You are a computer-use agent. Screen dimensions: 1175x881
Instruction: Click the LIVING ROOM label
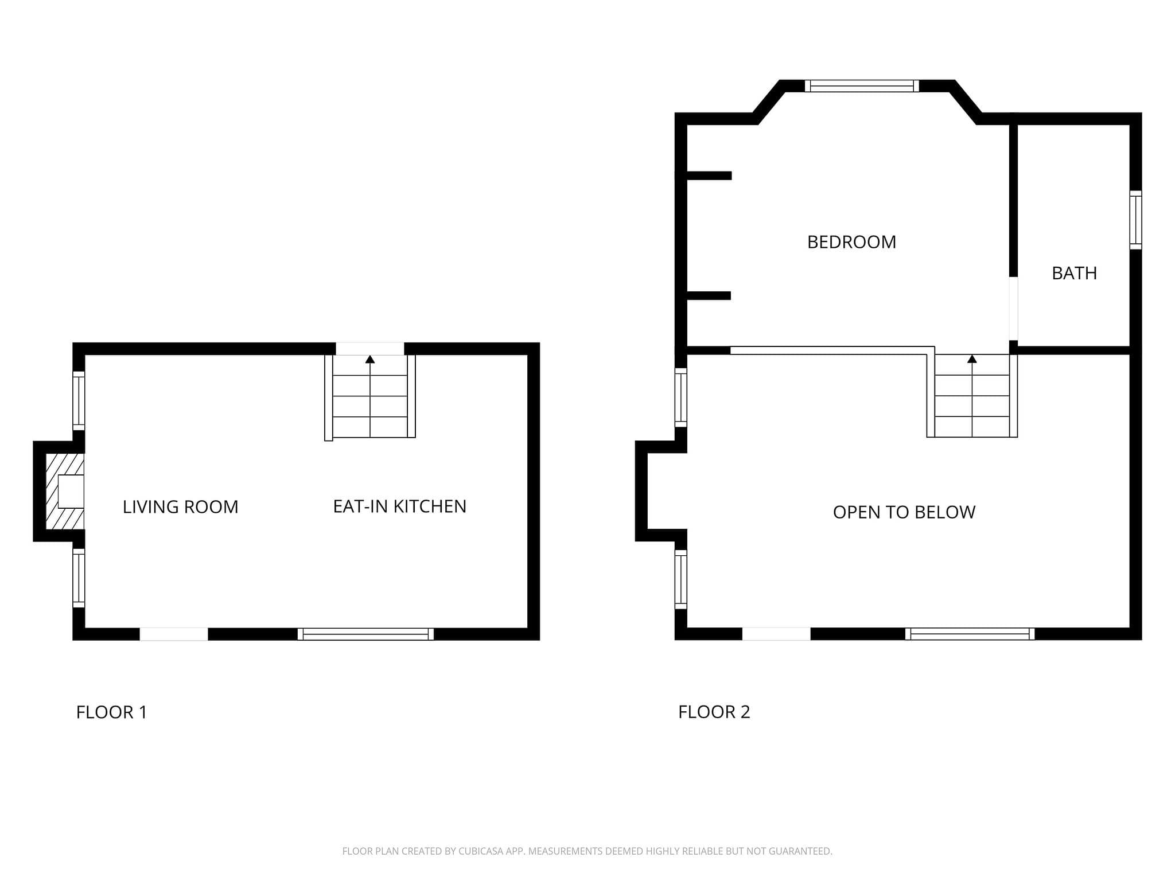pos(180,506)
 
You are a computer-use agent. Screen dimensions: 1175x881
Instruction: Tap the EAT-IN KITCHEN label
pos(400,506)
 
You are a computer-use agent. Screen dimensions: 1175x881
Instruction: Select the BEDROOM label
pos(851,242)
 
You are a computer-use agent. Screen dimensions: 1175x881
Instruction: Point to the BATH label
pos(1074,273)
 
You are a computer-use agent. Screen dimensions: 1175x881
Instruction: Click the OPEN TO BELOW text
pos(904,512)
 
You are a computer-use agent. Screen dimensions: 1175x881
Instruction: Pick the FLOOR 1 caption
pos(112,712)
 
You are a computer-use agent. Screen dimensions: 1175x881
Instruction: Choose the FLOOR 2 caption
pos(714,712)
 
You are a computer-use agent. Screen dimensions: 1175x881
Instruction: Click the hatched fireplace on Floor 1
pos(65,492)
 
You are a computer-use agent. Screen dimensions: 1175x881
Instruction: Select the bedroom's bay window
pos(862,86)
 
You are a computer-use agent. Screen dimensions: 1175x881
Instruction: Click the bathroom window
pos(1135,220)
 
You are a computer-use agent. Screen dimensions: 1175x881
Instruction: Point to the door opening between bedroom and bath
pos(1013,309)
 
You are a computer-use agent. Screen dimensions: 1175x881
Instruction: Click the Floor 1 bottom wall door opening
pos(174,634)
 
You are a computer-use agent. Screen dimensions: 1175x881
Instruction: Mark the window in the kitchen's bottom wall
pos(365,634)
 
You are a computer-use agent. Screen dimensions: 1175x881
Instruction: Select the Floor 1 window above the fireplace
pos(79,401)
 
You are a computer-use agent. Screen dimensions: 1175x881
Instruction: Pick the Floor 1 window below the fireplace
pos(79,578)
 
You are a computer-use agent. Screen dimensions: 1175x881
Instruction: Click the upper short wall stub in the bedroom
pos(709,176)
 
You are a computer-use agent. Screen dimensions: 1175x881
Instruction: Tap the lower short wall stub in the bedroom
pos(709,296)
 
